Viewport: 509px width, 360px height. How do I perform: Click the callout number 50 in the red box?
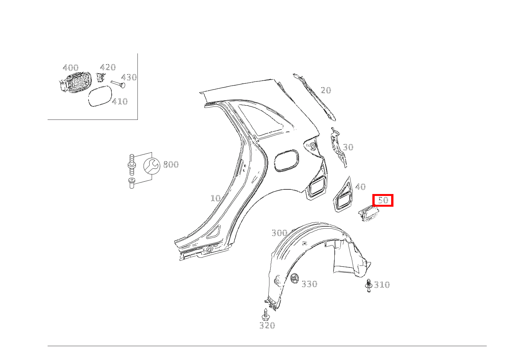[x=383, y=200]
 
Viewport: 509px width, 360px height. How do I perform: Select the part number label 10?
[x=215, y=198]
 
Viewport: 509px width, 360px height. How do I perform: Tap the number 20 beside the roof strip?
[x=326, y=90]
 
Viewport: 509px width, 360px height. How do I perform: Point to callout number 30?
[x=348, y=147]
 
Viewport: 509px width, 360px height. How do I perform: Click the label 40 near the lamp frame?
[x=360, y=187]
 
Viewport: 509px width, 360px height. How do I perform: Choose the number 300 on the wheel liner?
[x=279, y=233]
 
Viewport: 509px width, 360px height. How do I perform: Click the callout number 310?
[x=382, y=285]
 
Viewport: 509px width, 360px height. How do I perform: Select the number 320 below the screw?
[x=267, y=326]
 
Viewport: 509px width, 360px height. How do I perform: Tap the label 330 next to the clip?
[x=309, y=284]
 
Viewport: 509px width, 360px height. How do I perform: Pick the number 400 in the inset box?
[x=71, y=68]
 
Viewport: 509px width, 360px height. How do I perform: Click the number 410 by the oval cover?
[x=120, y=101]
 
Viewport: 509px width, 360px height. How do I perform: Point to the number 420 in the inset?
[x=108, y=68]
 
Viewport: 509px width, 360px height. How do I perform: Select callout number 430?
[x=129, y=77]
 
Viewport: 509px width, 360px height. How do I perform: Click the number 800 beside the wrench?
[x=171, y=164]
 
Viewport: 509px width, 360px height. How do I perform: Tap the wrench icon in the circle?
[x=151, y=166]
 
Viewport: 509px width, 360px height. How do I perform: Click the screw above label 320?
[x=265, y=314]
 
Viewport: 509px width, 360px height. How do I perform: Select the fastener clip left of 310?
[x=369, y=285]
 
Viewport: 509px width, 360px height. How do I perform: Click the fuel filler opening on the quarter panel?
[x=286, y=161]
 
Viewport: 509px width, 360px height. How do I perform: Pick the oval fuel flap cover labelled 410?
[x=100, y=96]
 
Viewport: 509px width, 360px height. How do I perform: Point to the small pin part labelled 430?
[x=118, y=83]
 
